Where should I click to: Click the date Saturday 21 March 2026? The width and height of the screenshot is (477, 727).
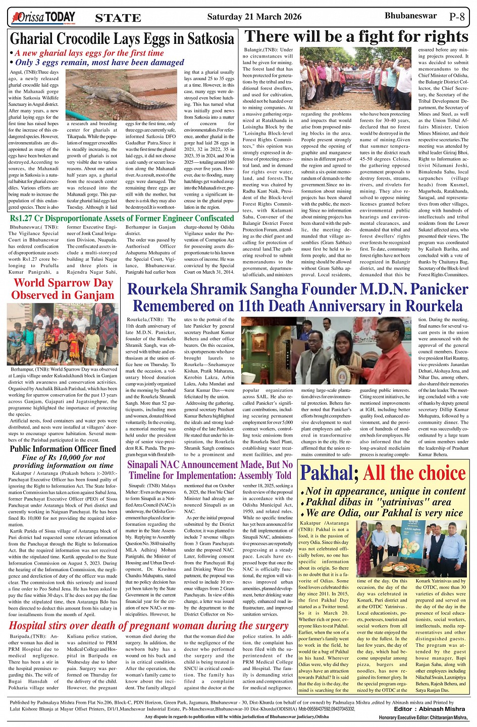coord(254,17)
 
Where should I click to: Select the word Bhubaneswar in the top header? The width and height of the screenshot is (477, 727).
coord(410,16)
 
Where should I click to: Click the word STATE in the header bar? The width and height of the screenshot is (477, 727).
coord(118,18)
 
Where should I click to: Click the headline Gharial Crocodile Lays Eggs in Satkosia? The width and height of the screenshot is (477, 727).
coord(122,39)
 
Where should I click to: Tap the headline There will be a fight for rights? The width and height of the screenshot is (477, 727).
coord(356,37)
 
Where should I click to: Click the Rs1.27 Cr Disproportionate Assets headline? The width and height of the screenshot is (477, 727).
coord(122,218)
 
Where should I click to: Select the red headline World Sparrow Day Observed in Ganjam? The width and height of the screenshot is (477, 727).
coord(63,289)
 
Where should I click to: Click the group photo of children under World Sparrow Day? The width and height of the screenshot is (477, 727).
coord(64,334)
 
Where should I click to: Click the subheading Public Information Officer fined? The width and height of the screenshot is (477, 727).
coord(63,449)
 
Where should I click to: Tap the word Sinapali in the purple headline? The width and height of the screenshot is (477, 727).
coord(146,464)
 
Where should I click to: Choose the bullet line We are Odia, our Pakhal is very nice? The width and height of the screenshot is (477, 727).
coord(384,513)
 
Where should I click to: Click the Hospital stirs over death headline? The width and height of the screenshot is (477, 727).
coord(149,626)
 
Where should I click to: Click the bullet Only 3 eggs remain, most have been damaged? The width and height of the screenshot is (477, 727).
coord(99,63)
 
